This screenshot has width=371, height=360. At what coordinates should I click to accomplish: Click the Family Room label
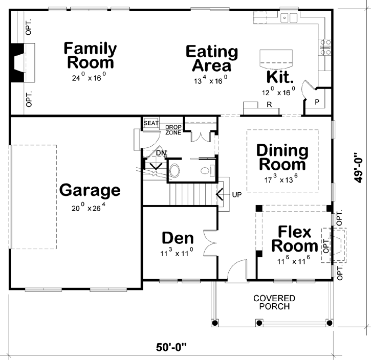pyautogui.click(x=90, y=56)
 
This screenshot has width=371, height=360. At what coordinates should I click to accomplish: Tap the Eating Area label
pyautogui.click(x=211, y=58)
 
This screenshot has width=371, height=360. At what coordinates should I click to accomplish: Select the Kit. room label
pyautogui.click(x=280, y=78)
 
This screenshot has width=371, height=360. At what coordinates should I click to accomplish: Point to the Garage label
pyautogui.click(x=90, y=190)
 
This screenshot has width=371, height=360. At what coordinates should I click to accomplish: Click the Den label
pyautogui.click(x=178, y=238)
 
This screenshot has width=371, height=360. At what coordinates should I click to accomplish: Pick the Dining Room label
pyautogui.click(x=282, y=157)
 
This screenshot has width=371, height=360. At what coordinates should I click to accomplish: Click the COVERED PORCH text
pyautogui.click(x=274, y=302)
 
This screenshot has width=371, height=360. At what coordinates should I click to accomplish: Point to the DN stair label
pyautogui.click(x=161, y=152)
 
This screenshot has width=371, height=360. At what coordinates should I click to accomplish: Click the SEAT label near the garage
pyautogui.click(x=150, y=123)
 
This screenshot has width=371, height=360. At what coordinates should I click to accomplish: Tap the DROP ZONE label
pyautogui.click(x=172, y=129)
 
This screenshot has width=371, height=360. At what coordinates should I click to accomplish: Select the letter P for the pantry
pyautogui.click(x=317, y=102)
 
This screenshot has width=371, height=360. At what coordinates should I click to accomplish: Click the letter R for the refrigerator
pyautogui.click(x=268, y=104)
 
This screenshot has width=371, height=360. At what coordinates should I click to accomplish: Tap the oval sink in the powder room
pyautogui.click(x=175, y=170)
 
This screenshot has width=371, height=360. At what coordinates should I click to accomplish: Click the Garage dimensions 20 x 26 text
pyautogui.click(x=90, y=208)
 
